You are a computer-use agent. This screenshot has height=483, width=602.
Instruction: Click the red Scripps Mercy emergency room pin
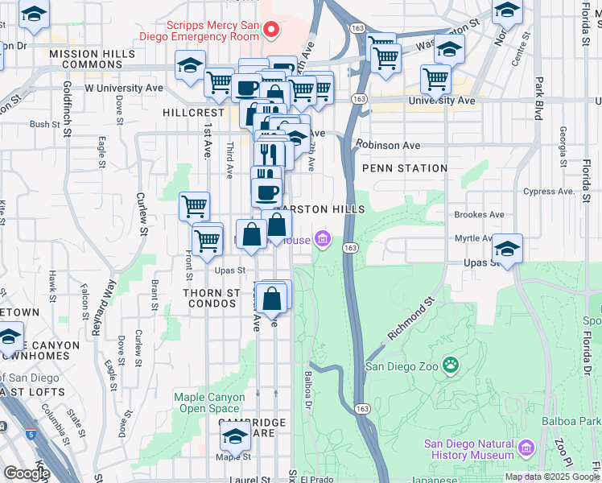pyautogui.click(x=271, y=31)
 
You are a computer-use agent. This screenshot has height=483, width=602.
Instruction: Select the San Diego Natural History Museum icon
pyautogui.click(x=527, y=447)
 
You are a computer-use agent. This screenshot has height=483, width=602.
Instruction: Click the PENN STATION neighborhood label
pyautogui.click(x=404, y=168)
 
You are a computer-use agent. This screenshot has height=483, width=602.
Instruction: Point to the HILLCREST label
pyautogui.click(x=192, y=113)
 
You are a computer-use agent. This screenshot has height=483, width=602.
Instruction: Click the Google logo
pyautogui.click(x=26, y=473)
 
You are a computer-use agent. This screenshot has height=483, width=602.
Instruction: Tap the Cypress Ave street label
pyautogui.click(x=550, y=192)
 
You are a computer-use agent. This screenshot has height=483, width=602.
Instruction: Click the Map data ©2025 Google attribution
pyautogui.click(x=550, y=477)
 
